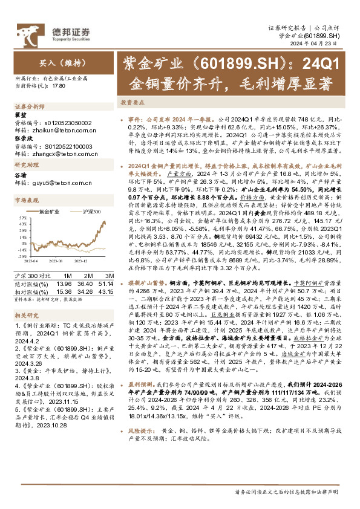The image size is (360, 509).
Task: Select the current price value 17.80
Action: pos(59,86)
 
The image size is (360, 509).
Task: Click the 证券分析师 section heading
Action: pos(26,106)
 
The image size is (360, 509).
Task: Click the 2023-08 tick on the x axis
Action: pos(55,260)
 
